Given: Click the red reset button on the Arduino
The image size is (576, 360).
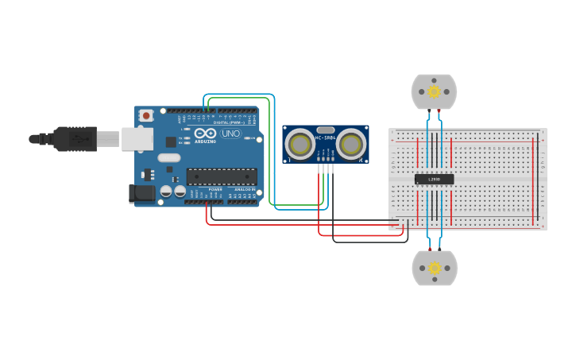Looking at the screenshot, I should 145,115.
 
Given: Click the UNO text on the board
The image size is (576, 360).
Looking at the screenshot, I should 230,134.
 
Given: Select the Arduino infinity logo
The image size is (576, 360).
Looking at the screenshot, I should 204,133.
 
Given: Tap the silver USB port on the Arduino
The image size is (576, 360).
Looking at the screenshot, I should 136,139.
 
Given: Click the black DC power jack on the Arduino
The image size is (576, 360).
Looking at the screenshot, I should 142,192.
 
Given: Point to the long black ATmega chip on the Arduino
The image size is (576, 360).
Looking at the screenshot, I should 221,176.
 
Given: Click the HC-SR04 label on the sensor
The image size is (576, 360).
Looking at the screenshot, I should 326,138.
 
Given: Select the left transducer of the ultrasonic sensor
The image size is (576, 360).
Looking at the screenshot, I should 300,144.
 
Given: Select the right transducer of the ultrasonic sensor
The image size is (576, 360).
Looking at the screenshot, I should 351,144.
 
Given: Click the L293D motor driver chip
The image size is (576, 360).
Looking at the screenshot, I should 434,180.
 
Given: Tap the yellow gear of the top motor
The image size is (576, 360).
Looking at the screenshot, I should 434,91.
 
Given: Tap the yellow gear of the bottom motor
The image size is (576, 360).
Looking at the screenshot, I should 434,269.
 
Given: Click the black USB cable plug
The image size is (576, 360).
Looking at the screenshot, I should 75,138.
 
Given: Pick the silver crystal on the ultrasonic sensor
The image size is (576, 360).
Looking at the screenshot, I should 326,130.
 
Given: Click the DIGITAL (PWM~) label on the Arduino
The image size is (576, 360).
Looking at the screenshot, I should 228,122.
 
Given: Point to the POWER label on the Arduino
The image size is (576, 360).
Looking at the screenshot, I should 215,190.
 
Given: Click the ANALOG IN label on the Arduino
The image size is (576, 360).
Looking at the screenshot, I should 245,190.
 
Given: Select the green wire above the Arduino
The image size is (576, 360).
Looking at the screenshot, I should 238,98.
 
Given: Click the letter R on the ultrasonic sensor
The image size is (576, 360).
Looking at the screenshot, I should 361,161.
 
